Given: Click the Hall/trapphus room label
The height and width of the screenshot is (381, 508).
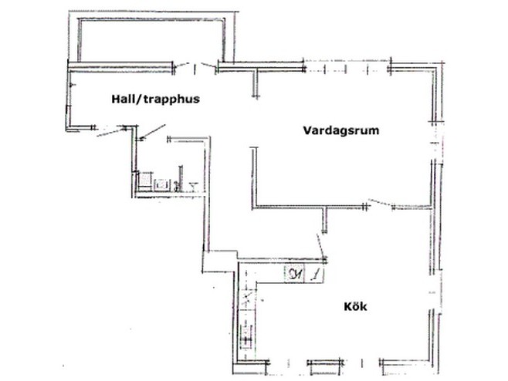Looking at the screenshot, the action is [x=155, y=99].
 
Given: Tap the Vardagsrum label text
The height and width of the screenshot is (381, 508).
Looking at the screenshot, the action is [x=341, y=130].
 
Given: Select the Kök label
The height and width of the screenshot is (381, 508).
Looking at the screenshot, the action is [x=355, y=306].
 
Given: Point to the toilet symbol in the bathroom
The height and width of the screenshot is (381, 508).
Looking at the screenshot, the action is [x=145, y=180].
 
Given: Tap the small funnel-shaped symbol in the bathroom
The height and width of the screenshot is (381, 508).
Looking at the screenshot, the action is [x=194, y=186].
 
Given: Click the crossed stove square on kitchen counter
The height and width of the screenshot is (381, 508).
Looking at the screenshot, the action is [x=248, y=297].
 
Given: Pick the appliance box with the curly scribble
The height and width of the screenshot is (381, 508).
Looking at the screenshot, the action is [x=294, y=275].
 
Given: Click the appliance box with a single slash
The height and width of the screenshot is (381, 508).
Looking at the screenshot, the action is [x=314, y=275].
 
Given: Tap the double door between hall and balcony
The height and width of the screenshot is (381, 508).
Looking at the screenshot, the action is [x=195, y=66].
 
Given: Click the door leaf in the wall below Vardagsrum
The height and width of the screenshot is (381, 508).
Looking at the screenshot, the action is [x=381, y=203].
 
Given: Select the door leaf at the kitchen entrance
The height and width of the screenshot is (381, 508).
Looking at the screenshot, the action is [x=320, y=245].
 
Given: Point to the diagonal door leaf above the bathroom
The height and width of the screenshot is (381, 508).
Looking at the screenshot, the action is [x=153, y=132].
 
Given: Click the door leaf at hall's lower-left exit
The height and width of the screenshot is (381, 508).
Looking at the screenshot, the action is [x=111, y=133].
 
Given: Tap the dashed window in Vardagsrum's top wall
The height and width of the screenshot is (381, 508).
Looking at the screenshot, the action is [x=347, y=67].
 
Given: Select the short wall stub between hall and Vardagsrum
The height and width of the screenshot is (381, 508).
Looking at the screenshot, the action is [x=256, y=83].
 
